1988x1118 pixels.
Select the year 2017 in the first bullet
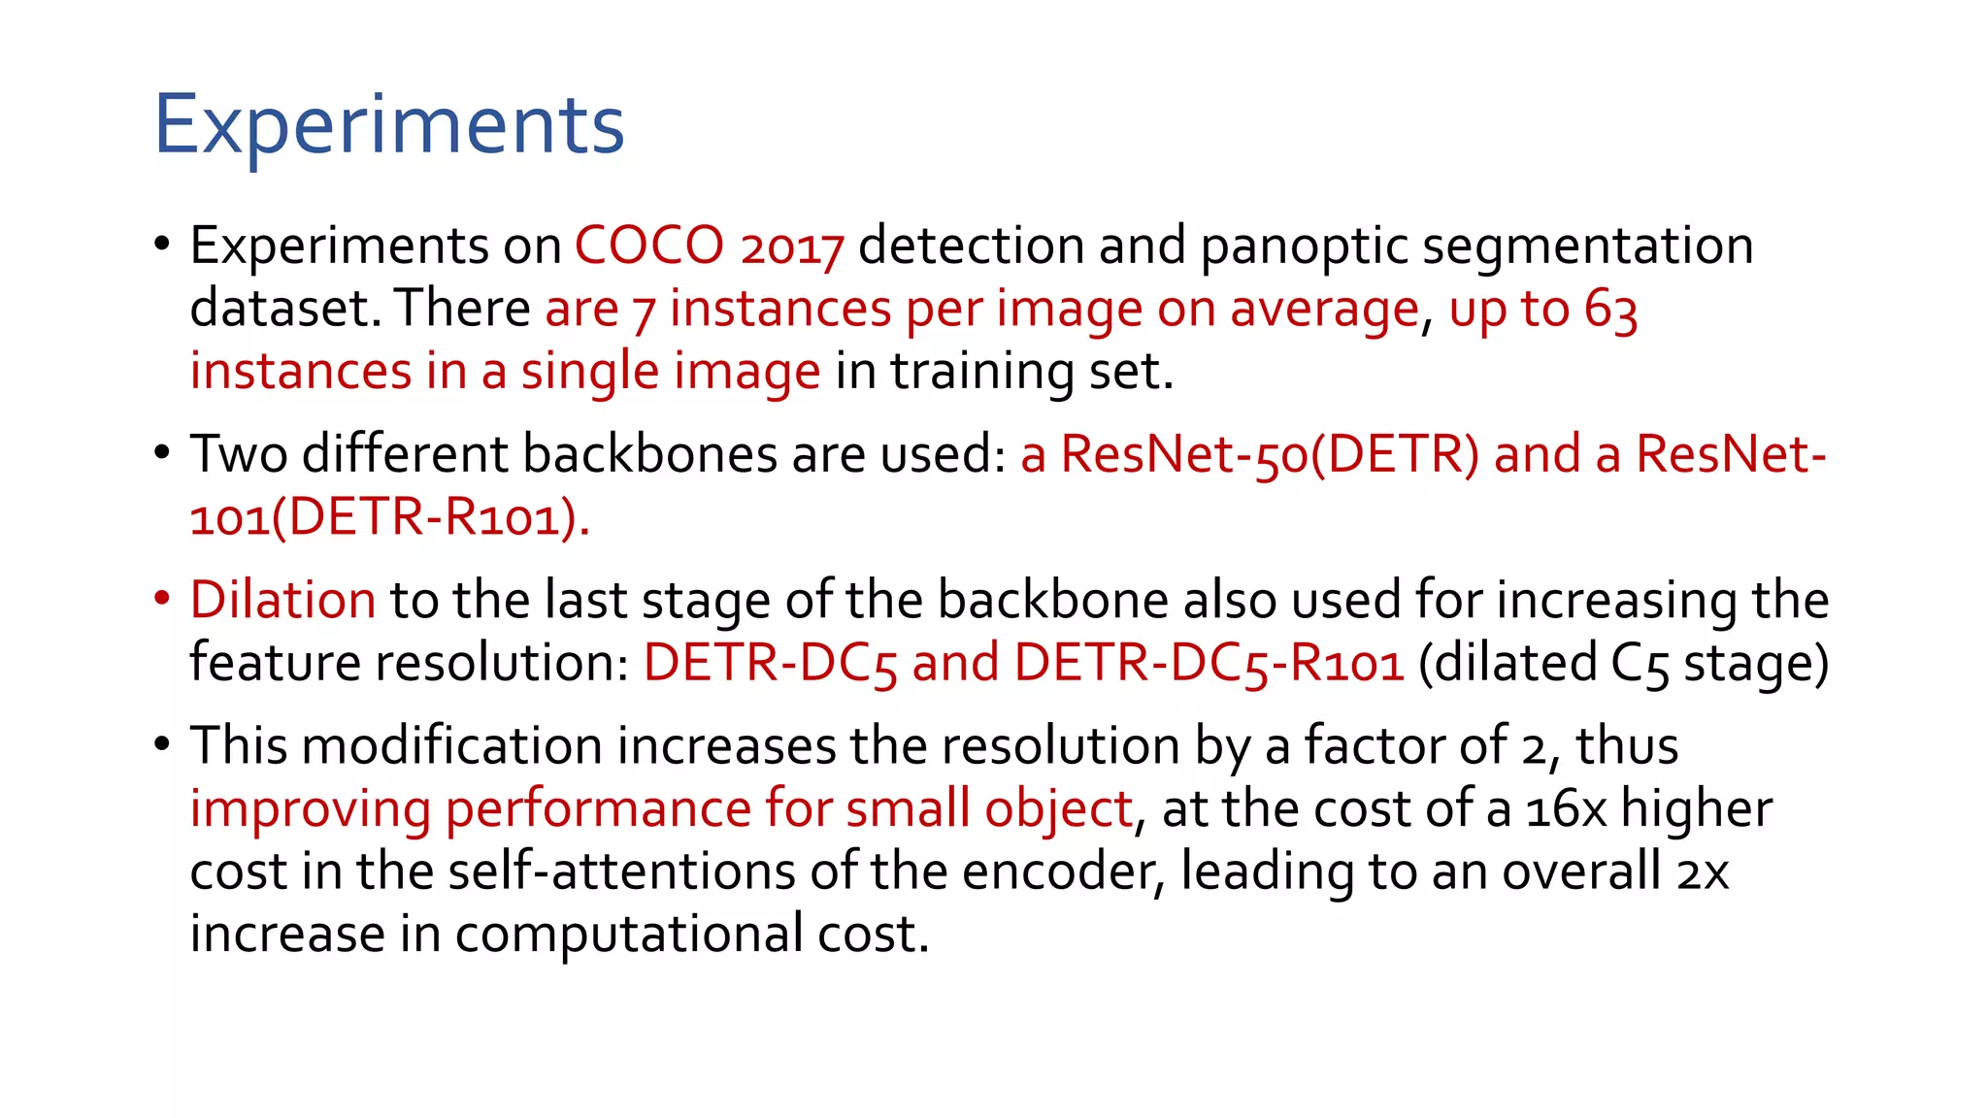792,247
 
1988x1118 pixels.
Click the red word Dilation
282,600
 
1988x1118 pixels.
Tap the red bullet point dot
162,598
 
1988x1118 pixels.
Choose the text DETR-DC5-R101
1209,663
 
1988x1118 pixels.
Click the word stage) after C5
1756,663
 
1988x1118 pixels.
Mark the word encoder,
1063,871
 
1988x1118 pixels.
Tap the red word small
908,808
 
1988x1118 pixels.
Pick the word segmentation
1588,247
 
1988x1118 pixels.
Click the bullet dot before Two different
162,452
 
